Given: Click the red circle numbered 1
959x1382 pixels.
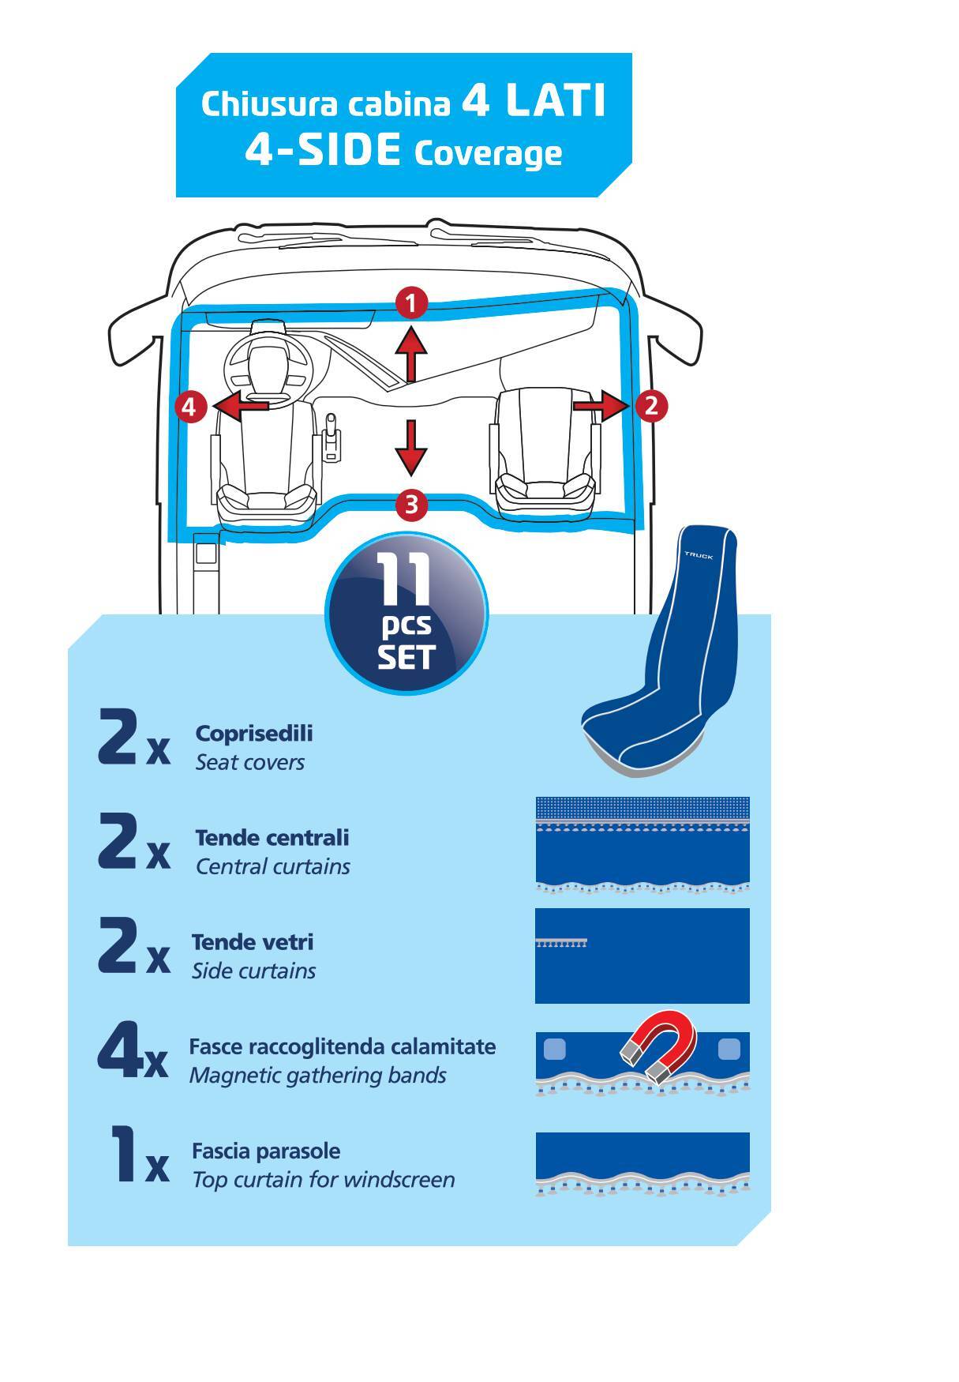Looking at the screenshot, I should click(x=411, y=303).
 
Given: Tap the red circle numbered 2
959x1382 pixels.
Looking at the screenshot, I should click(x=651, y=406).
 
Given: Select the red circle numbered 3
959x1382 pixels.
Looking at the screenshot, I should click(x=411, y=504).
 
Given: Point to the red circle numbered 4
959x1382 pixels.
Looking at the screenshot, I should click(x=189, y=407).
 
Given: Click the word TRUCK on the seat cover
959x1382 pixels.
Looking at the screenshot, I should click(x=699, y=556).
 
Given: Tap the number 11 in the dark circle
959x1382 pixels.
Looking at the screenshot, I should click(x=405, y=580).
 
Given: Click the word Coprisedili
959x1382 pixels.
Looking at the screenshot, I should click(x=254, y=733).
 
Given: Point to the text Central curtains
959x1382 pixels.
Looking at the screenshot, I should click(x=272, y=866).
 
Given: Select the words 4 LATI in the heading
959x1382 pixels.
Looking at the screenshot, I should click(x=534, y=101).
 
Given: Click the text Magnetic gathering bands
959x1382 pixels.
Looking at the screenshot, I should click(x=318, y=1076).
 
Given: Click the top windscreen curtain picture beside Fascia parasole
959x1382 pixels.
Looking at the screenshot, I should click(x=642, y=1165).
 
